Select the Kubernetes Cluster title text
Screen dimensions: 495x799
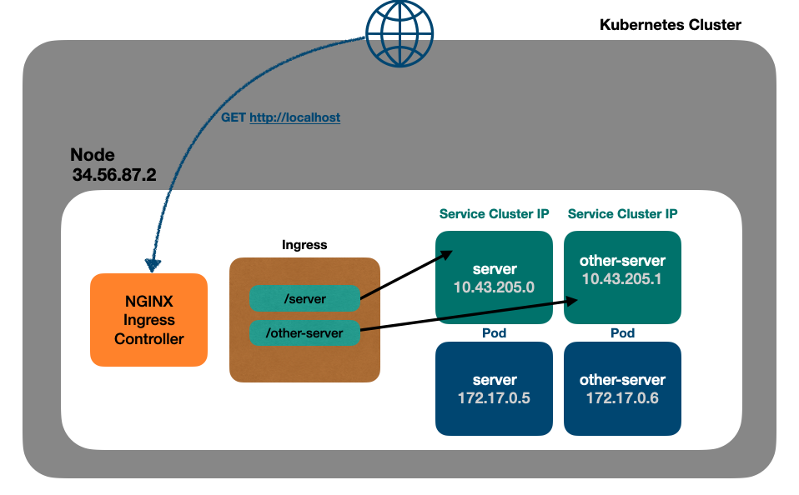coord(670,25)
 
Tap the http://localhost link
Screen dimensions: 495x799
coord(294,117)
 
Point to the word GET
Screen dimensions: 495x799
coord(233,117)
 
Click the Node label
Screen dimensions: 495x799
coord(92,155)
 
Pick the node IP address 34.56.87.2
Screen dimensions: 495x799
coord(114,175)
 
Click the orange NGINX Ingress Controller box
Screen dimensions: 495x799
coord(148,319)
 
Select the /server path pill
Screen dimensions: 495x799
coord(304,298)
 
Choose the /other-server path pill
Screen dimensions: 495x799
coord(304,333)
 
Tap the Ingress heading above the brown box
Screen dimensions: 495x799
coord(304,245)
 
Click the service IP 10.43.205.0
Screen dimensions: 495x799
coord(494,287)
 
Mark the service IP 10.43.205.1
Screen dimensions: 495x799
coord(622,279)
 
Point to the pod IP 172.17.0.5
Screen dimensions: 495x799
coord(494,397)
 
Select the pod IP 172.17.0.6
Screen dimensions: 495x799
coord(622,397)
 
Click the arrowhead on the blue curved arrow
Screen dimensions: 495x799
coord(153,266)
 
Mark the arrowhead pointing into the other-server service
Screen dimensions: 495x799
coord(574,301)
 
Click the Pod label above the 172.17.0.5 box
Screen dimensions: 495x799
coord(494,332)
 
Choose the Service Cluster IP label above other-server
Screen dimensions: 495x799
coord(622,214)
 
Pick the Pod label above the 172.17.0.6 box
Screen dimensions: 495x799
coord(622,332)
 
